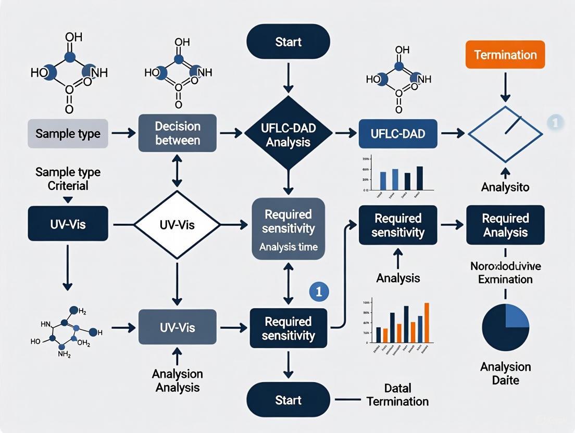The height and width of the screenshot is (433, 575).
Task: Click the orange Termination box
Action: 505,55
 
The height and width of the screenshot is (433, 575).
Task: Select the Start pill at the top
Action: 288,41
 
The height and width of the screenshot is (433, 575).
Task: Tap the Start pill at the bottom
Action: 288,400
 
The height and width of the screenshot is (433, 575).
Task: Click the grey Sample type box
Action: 68,133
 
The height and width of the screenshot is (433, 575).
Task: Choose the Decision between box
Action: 177,133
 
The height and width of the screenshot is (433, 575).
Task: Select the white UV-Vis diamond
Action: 177,224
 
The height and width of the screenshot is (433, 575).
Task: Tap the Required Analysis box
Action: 505,225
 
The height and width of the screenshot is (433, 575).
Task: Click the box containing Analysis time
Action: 288,229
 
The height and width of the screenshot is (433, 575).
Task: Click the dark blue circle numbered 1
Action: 319,291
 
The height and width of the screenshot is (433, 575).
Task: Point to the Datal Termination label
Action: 398,394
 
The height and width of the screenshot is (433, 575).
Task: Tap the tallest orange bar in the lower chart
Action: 427,322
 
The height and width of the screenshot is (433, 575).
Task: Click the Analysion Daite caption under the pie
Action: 505,373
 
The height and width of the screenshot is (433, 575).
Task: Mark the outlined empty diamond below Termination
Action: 505,133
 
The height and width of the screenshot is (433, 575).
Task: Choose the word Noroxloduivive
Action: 505,266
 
